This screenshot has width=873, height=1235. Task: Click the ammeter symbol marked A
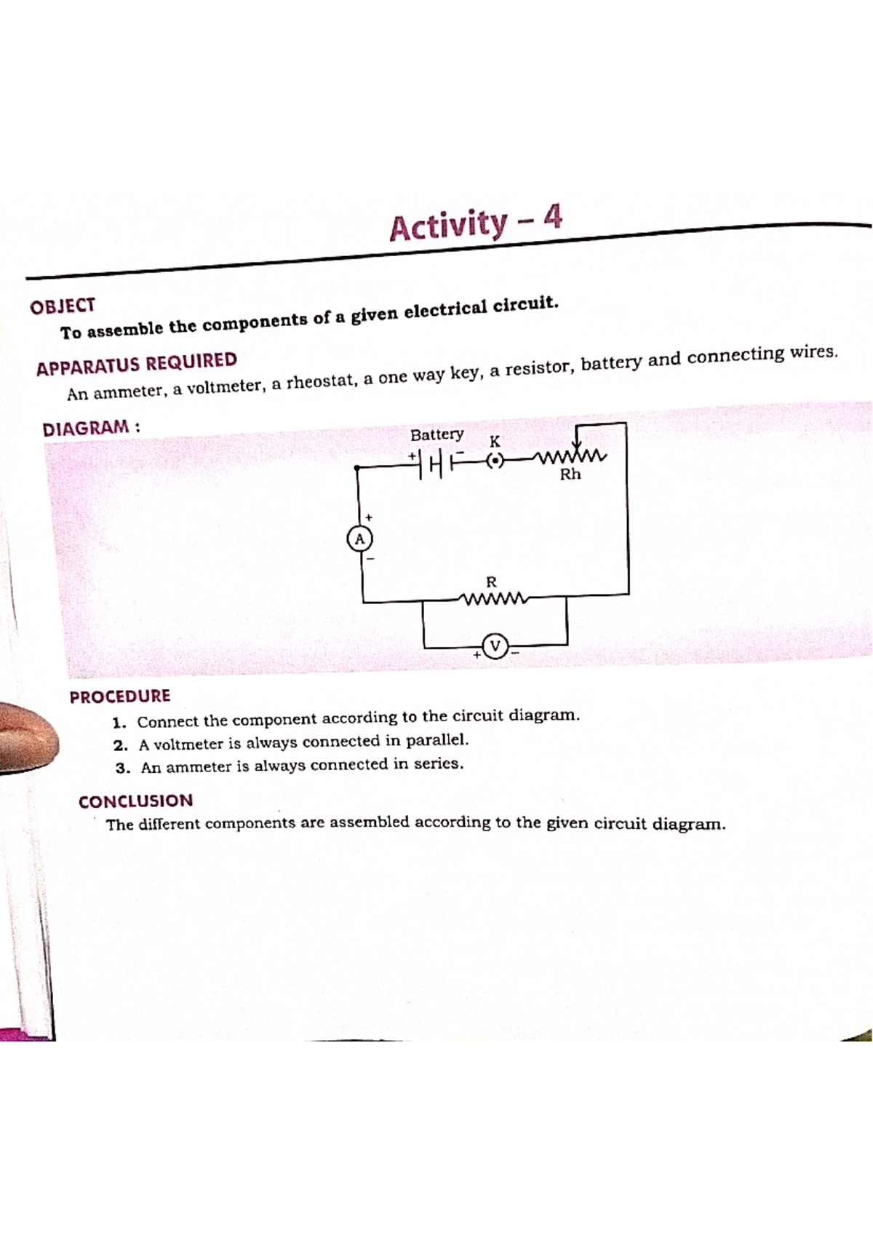[x=359, y=539]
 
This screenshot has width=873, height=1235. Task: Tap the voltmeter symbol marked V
[x=495, y=646]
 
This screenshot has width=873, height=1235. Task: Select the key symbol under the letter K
[x=495, y=461]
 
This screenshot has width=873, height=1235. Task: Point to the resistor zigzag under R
[x=493, y=600]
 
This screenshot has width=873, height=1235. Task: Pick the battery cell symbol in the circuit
[x=436, y=461]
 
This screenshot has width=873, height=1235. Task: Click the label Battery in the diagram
[x=436, y=434]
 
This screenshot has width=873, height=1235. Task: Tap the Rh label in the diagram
[x=570, y=474]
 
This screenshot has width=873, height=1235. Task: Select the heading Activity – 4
[x=476, y=223]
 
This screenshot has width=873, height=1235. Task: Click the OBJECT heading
[x=63, y=306]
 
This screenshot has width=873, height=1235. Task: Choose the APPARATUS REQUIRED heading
[x=137, y=364]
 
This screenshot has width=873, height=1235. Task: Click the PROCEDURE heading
[x=120, y=696]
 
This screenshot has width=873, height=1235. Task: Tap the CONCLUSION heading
[x=136, y=801]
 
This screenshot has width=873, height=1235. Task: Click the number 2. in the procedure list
[x=121, y=745]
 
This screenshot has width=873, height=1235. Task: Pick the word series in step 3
[x=438, y=764]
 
